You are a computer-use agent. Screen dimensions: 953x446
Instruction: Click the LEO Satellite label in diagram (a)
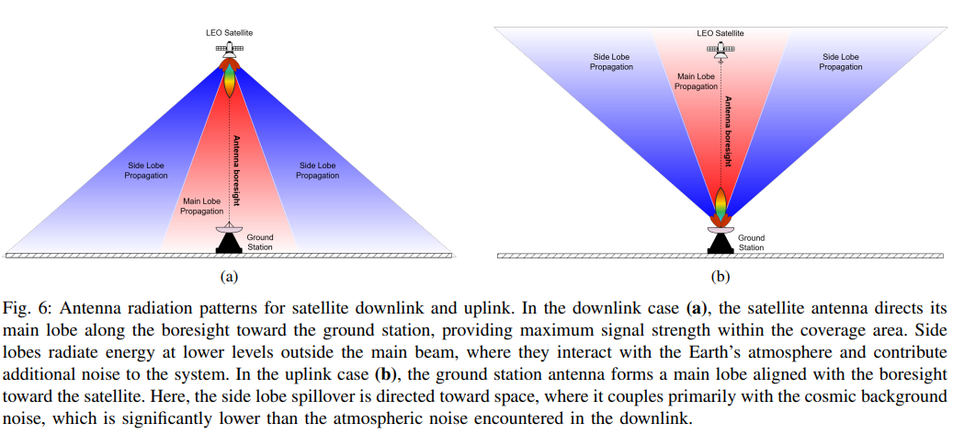coord(229,32)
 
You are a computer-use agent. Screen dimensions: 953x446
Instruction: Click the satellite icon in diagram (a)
coord(229,49)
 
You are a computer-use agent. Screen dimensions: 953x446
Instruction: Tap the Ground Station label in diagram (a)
coord(260,242)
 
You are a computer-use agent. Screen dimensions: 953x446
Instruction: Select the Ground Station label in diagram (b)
coord(751,243)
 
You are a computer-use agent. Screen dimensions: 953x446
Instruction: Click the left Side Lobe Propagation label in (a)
coord(147,170)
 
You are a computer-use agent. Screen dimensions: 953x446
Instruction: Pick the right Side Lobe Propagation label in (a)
coord(318,170)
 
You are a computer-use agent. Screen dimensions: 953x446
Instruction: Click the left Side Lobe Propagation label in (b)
coord(611,62)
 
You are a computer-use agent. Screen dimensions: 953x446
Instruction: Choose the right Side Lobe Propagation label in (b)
coord(841,62)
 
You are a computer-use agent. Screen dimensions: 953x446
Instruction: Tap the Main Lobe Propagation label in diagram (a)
coord(201,205)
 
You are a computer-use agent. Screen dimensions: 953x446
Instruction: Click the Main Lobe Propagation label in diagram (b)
coord(696,81)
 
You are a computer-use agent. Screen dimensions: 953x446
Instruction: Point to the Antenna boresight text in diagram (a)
coord(236,170)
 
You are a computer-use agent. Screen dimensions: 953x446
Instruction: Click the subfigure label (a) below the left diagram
coord(229,274)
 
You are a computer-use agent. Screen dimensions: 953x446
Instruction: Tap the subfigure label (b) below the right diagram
coord(720,274)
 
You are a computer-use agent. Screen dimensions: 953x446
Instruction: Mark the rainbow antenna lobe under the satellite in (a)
coord(229,83)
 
